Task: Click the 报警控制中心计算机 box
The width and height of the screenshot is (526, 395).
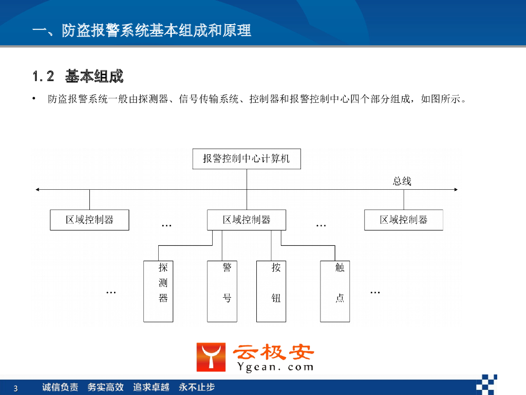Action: click(x=247, y=159)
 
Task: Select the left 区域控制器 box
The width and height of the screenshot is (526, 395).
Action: click(x=89, y=220)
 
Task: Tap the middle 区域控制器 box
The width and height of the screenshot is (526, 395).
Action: click(x=247, y=220)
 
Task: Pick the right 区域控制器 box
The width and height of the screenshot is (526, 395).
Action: click(x=404, y=220)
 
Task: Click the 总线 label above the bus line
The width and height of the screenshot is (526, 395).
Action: click(x=402, y=181)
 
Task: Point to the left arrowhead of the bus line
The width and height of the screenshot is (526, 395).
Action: click(x=37, y=190)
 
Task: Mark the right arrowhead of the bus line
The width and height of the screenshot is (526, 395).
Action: click(x=456, y=190)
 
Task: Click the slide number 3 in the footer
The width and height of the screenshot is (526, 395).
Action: click(x=15, y=388)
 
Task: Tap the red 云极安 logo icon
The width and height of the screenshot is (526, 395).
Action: click(x=211, y=357)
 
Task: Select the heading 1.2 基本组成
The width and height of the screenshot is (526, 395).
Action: click(x=78, y=77)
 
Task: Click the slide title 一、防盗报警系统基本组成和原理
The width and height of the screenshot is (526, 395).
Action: click(x=141, y=30)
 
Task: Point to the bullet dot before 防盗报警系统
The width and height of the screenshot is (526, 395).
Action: click(x=34, y=98)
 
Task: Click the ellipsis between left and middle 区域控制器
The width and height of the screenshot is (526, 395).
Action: click(x=166, y=225)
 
